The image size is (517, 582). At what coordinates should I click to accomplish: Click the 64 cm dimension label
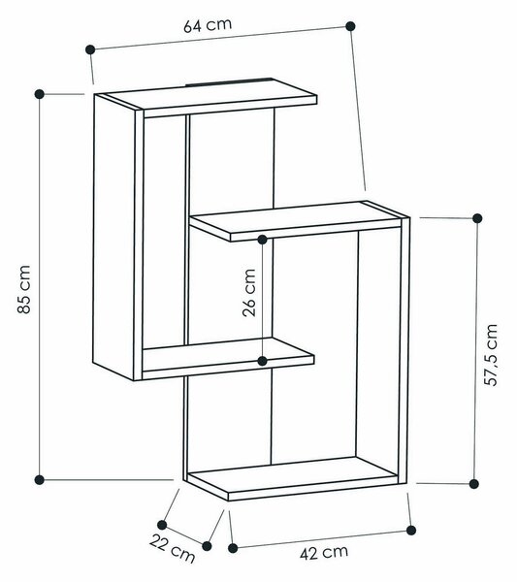[x=208, y=24]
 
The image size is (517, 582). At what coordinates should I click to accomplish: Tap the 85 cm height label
[x=23, y=289]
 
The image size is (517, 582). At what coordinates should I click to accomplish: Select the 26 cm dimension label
[x=249, y=293]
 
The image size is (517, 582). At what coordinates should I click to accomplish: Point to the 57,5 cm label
[x=491, y=355]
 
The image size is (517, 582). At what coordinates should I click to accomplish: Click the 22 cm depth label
[x=173, y=548]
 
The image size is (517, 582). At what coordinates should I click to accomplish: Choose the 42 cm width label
[x=324, y=553]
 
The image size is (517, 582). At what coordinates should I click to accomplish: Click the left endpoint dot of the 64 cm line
[x=90, y=49]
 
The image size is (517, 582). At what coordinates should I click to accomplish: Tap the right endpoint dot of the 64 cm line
[x=350, y=26]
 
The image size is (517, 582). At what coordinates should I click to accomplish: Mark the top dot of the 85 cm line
[x=40, y=94]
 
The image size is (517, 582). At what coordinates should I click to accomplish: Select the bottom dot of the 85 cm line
[x=40, y=479]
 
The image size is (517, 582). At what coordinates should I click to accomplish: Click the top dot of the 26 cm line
[x=263, y=240]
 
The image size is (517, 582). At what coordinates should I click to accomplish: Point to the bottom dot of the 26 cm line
[x=263, y=361]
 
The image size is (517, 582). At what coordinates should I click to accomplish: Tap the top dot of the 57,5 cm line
[x=477, y=218]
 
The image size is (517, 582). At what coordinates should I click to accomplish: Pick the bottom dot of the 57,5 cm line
[x=473, y=484]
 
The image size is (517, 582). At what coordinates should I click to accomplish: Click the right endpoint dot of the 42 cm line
[x=411, y=530]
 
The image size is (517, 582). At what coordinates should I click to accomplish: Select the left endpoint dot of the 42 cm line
[x=233, y=548]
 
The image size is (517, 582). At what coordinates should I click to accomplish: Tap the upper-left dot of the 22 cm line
[x=162, y=525]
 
